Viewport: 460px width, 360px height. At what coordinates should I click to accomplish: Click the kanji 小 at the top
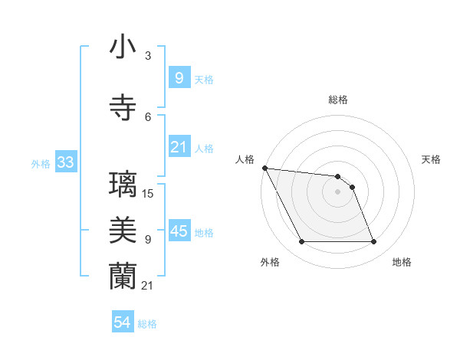pos(123,48)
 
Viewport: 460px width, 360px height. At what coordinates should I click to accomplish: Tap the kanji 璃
pos(123,186)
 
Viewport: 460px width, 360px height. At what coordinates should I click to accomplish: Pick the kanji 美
pos(123,231)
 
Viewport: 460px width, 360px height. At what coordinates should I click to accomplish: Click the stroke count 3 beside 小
pos(147,56)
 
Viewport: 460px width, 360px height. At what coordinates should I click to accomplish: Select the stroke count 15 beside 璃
pos(148,193)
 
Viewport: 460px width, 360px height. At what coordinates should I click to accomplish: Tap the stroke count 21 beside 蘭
pos(147,285)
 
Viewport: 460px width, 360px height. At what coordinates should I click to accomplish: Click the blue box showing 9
pos(179,77)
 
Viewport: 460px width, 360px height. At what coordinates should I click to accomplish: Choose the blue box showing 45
pos(179,231)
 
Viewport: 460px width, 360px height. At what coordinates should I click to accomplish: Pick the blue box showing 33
pos(65,162)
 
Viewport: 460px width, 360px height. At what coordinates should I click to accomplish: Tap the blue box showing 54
pos(122,322)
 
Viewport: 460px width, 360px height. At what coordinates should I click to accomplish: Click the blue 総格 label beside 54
pos(147,324)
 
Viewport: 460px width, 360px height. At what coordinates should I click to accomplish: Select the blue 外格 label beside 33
pos(41,164)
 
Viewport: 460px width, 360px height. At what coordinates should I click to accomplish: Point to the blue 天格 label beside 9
pos(203,79)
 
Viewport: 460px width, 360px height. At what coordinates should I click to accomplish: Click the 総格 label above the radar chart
pos(337,100)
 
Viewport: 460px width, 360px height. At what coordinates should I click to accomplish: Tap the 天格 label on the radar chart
pos(431,159)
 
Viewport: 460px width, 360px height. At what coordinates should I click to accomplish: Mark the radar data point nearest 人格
pos(264,168)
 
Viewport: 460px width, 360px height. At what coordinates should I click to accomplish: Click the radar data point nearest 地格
pos(373,242)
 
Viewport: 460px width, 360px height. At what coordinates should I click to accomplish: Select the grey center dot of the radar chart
pos(337,191)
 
